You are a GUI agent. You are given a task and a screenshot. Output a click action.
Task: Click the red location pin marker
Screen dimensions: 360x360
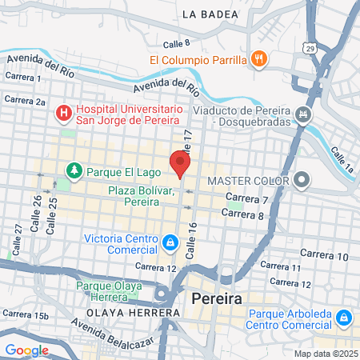click(180, 163)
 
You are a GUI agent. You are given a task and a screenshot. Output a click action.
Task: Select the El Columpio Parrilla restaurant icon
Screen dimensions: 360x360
click(258, 58)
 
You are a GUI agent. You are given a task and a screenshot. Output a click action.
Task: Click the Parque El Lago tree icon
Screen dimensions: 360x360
click(74, 170)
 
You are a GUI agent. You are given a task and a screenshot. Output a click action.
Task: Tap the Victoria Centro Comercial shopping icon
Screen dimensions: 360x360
click(170, 241)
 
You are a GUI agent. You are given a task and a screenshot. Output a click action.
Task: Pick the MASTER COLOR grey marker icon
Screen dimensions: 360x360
click(302, 179)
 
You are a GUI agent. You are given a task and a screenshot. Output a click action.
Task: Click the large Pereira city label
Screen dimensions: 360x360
click(218, 298)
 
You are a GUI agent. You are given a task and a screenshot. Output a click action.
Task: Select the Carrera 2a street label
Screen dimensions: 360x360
click(25, 101)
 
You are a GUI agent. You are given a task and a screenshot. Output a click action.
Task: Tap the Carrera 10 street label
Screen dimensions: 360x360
click(331, 257)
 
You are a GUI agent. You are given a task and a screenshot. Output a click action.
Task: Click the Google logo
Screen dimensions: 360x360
click(26, 350)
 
